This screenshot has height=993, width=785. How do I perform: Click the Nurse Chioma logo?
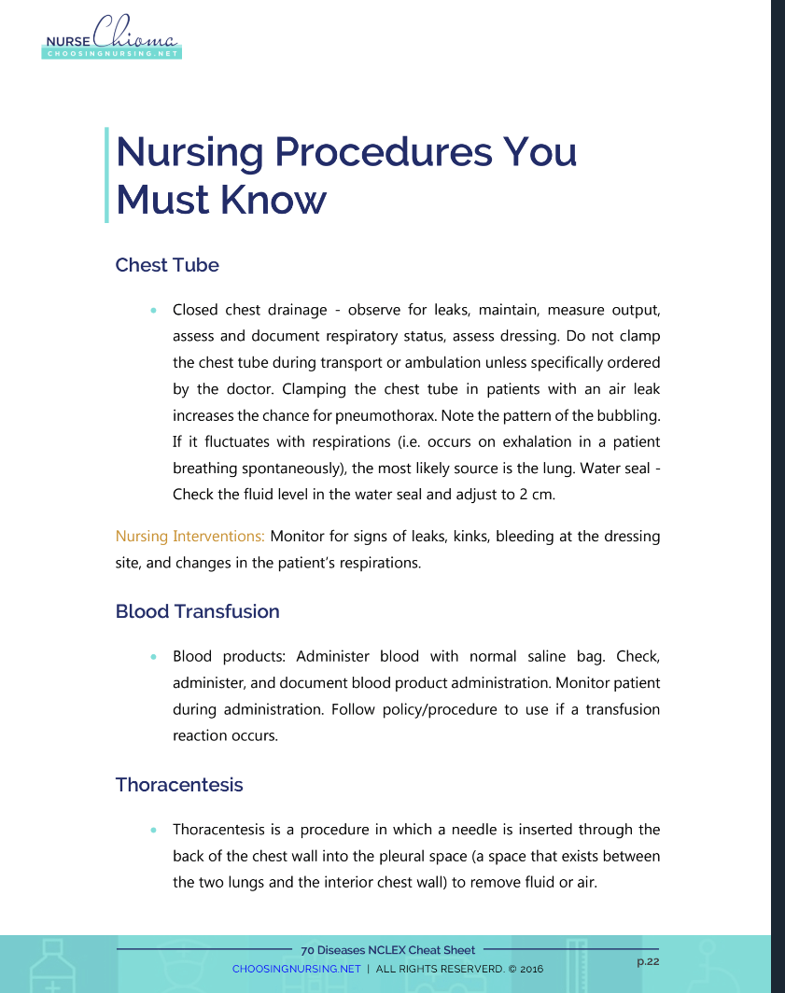(112, 41)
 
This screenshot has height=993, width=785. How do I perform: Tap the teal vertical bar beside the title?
(106, 175)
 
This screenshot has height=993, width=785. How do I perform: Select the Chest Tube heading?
(167, 265)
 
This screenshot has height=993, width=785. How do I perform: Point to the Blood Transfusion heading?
(197, 611)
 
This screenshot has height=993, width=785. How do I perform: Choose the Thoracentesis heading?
(179, 784)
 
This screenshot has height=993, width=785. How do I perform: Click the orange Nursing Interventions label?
(190, 537)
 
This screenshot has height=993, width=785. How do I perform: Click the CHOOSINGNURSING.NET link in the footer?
(296, 969)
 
